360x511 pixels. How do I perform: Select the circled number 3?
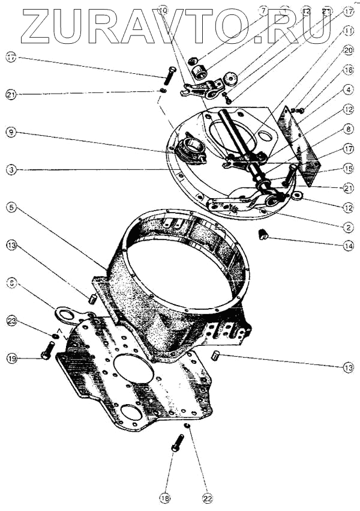pos(11,169)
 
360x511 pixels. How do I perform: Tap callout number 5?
pos(11,208)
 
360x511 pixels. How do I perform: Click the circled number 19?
pos(11,358)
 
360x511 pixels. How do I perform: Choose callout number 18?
pos(165,497)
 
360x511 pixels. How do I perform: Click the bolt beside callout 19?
pos(47,354)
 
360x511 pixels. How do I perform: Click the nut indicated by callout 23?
pos(55,335)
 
